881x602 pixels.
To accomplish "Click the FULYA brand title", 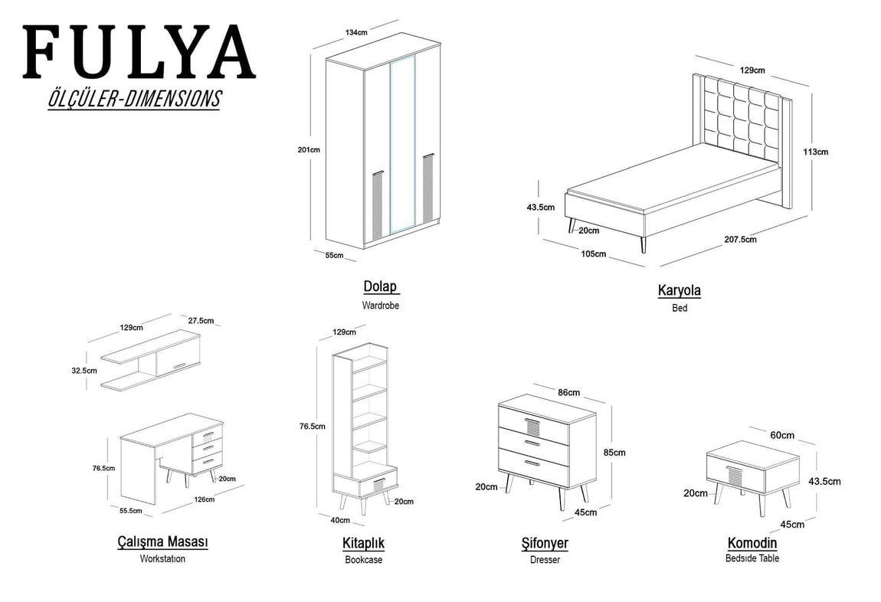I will [139, 52].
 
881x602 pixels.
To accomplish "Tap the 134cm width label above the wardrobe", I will [356, 33].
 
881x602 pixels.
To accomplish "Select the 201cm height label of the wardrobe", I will [309, 150].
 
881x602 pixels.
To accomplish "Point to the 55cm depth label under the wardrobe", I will [334, 255].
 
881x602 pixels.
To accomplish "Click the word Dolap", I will [381, 286].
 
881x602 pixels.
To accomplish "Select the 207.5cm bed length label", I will [740, 239].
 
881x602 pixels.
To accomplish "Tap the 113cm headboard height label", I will [815, 152].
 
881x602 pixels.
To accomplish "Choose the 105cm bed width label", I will [594, 254].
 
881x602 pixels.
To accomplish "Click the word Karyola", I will [679, 290].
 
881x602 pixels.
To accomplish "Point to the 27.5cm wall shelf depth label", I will [201, 320].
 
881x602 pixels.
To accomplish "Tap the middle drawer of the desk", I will [207, 447].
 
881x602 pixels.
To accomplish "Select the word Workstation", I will [162, 558].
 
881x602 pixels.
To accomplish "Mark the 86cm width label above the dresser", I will [568, 392].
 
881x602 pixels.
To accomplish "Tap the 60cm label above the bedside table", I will [782, 435].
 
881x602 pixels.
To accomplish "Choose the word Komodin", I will [752, 543].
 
